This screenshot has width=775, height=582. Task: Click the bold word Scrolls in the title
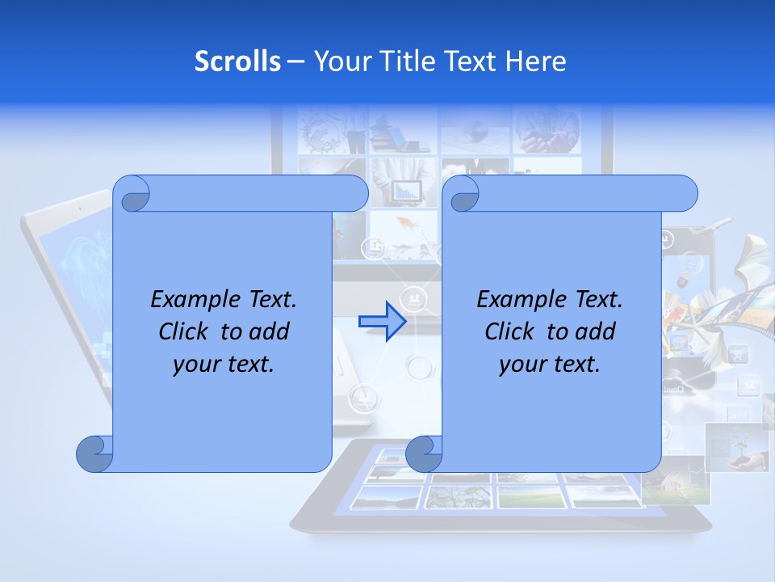(x=237, y=61)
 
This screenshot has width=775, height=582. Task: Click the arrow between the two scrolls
(x=382, y=322)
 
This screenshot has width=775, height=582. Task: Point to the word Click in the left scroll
(x=187, y=331)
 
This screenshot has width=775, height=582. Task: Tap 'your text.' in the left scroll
(x=224, y=364)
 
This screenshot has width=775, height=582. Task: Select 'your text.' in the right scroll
(x=550, y=364)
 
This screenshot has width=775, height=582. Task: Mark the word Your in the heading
(x=338, y=61)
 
